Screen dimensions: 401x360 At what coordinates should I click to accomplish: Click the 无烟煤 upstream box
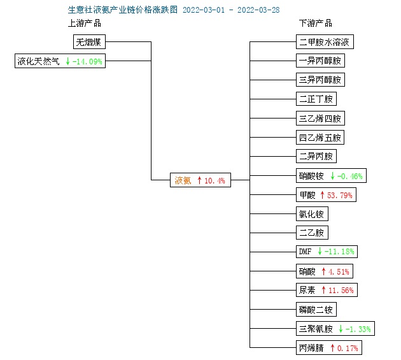point(89,42)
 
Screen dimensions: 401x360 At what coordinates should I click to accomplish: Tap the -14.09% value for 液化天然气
point(87,61)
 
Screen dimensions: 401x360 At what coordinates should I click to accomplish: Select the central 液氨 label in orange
point(183,180)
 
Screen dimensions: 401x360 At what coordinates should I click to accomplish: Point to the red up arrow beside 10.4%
point(199,180)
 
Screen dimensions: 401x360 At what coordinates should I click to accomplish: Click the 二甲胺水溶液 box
point(325,42)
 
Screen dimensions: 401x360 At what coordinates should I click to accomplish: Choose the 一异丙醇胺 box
point(320,61)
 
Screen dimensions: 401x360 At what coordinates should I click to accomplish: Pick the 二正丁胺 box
point(316,99)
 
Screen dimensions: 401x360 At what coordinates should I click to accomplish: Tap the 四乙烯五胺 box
point(320,138)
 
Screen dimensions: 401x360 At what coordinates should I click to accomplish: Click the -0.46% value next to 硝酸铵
point(350,176)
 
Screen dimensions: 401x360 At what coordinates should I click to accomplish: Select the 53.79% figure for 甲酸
point(340,196)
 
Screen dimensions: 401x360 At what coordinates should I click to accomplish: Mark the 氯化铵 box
point(312,214)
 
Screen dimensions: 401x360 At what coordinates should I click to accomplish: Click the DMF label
point(305,252)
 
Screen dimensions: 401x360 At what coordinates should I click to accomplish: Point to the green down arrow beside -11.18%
point(320,251)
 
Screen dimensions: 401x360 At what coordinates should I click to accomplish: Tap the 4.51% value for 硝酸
point(339,271)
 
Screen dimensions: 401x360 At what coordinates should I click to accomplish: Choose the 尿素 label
point(307,290)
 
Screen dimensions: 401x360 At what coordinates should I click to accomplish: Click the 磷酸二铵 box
point(316,310)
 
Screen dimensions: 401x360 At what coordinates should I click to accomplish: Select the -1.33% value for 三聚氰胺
point(358,329)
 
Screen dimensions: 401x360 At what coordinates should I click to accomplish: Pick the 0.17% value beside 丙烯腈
point(348,349)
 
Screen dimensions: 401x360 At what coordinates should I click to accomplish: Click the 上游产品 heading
point(85,24)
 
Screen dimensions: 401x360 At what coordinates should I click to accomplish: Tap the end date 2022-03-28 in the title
point(258,10)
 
